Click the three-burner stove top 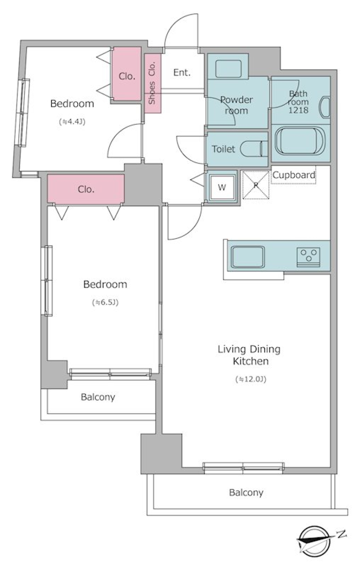(x=308, y=257)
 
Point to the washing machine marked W (x=222, y=187)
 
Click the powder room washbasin (x=228, y=69)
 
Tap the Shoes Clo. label (x=152, y=83)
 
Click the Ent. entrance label (x=182, y=73)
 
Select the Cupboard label (x=294, y=175)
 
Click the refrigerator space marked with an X (x=255, y=185)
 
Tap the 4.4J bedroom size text (x=72, y=122)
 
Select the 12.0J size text (x=251, y=379)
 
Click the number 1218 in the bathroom (x=298, y=110)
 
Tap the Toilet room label (x=223, y=149)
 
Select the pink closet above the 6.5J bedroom (x=85, y=189)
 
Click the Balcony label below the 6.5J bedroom (x=98, y=397)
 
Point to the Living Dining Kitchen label (x=249, y=355)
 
